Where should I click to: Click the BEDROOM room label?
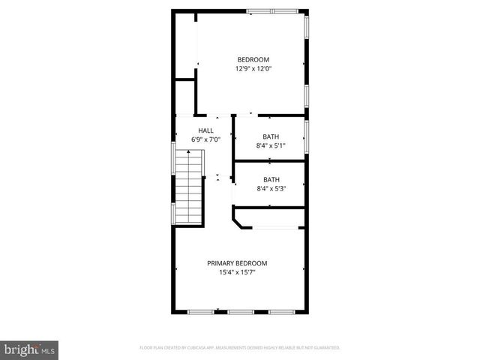point(253,60)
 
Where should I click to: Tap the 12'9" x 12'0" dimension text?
point(253,69)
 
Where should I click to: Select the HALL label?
point(205,130)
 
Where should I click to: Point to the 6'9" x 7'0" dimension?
point(205,139)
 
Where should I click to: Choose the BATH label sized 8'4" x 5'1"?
point(271,136)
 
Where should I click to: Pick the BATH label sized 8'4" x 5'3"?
point(271,179)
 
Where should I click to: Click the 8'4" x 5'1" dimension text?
point(271,145)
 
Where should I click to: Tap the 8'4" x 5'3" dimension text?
point(271,188)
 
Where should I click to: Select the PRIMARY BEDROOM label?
point(237,263)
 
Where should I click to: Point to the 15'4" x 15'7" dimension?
point(237,272)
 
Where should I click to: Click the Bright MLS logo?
point(30,349)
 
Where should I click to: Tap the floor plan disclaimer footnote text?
point(240,348)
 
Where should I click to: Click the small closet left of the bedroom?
point(184,97)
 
